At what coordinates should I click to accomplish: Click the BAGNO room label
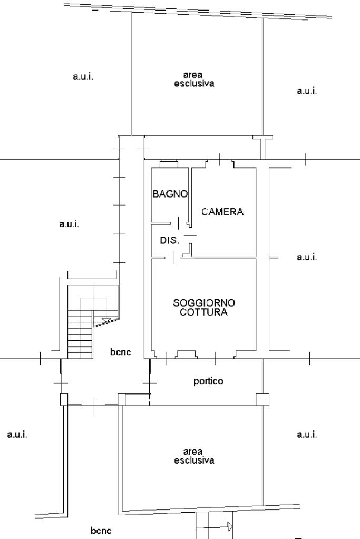tap(170, 194)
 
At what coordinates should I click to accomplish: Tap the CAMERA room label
tap(222, 212)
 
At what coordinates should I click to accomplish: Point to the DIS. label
tap(170, 240)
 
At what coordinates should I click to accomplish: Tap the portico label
tap(208, 381)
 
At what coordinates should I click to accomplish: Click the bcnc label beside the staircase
tap(121, 352)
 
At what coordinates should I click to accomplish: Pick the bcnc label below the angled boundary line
tap(101, 531)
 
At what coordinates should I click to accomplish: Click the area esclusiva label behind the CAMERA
tap(194, 80)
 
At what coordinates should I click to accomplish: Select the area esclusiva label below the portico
tap(194, 456)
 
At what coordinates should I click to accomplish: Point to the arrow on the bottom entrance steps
tap(230, 526)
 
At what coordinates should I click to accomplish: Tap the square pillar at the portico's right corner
tap(262, 399)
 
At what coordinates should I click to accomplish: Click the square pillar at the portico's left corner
tap(122, 399)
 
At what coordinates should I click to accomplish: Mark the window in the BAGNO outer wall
tap(169, 164)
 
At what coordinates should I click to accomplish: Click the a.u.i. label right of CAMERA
tap(307, 257)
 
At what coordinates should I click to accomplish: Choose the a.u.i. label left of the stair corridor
tap(69, 224)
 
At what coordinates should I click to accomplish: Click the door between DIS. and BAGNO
tap(178, 223)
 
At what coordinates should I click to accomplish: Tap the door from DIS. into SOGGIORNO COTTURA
tap(173, 258)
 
